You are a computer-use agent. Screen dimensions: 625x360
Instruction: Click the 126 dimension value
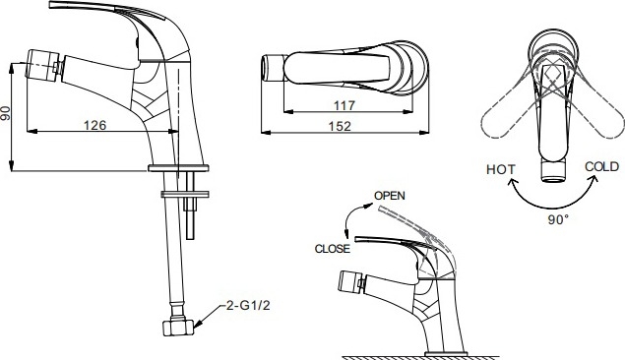tap(94, 125)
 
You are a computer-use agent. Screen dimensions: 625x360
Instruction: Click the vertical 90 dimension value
tap(5, 113)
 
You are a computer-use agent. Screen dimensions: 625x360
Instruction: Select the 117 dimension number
tap(344, 105)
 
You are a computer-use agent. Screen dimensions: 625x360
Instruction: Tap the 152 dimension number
tap(340, 126)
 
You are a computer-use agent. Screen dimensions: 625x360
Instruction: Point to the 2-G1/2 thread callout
tap(248, 306)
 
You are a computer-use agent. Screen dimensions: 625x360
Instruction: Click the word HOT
tap(501, 169)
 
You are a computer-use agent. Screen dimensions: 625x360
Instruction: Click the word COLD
tap(602, 166)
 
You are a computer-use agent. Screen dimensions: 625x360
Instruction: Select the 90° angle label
tap(558, 219)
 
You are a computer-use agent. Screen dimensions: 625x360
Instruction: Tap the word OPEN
tap(390, 196)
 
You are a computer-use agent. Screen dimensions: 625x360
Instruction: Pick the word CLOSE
tap(332, 249)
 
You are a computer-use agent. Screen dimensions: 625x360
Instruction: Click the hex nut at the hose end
tap(178, 328)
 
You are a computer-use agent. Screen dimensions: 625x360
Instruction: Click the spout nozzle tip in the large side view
tap(42, 64)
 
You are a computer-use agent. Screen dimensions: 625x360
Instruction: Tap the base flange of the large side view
tap(178, 168)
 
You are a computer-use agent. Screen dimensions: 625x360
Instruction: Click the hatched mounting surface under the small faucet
tap(420, 358)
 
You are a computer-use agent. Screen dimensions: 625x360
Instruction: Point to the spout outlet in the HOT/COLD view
tap(553, 170)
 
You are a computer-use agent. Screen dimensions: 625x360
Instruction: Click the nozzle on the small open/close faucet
tap(350, 282)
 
